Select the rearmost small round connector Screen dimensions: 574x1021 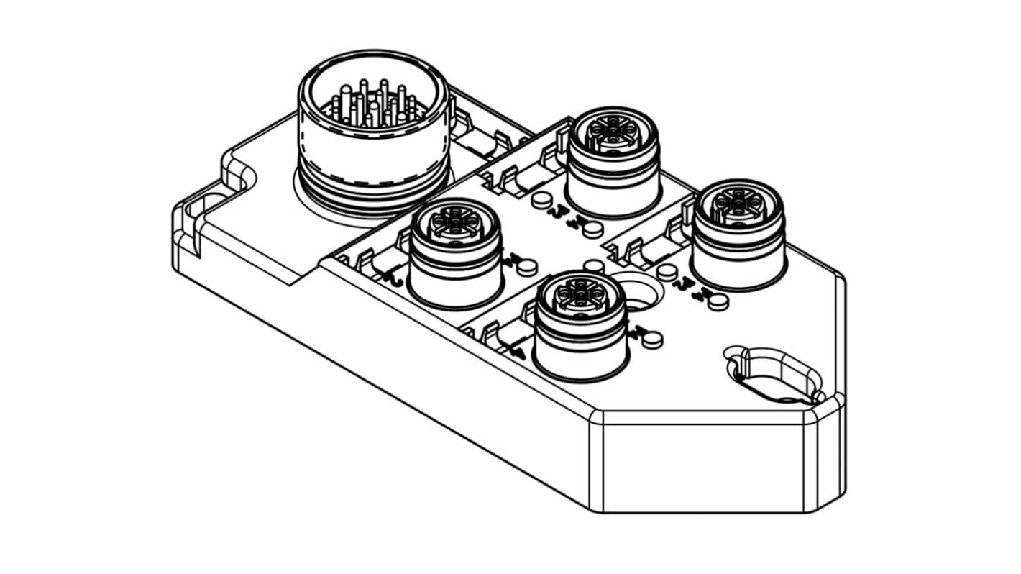613,162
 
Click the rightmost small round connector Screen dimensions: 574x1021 738,234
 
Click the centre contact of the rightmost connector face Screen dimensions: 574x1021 739,204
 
